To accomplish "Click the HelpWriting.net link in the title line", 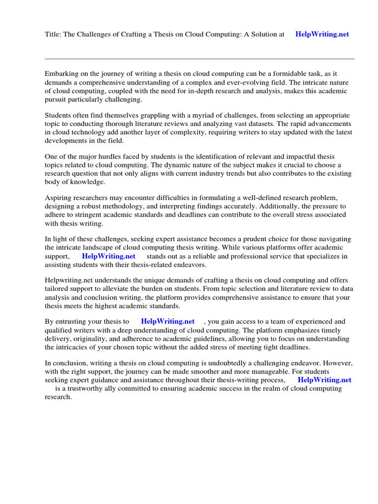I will click(x=322, y=34).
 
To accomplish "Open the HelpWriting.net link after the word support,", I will click(x=108, y=256).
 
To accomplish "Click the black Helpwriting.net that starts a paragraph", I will click(x=68, y=280).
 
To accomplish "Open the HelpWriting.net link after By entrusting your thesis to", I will click(x=168, y=321).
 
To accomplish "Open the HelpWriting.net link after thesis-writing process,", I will click(x=324, y=380).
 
